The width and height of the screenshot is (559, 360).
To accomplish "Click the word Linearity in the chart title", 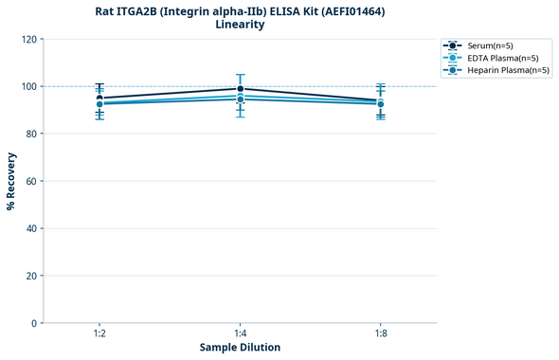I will tap(240, 25).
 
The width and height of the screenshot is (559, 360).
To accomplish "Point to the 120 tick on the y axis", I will tap(29, 39).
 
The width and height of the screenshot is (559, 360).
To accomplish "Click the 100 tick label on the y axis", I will tap(29, 86).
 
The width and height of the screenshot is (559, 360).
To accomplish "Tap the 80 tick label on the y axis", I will tap(32, 134).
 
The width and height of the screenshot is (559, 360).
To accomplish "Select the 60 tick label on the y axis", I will tap(32, 181).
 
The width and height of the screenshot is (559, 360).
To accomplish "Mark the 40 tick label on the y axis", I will tap(32, 228).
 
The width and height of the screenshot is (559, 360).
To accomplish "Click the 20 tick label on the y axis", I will tap(32, 276).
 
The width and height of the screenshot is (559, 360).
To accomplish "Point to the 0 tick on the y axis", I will tap(35, 323).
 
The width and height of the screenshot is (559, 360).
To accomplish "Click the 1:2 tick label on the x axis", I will tap(99, 334).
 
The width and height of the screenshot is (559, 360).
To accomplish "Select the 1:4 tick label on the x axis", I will tap(240, 334).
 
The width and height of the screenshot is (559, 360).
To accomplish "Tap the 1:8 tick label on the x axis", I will tap(380, 334).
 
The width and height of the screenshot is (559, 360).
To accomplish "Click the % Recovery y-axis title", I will tap(11, 181).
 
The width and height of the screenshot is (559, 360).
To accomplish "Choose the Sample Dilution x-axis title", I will tap(240, 348).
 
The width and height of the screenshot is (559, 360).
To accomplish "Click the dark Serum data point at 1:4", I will tap(240, 89).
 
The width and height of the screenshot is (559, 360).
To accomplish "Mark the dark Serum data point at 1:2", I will tap(99, 98).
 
